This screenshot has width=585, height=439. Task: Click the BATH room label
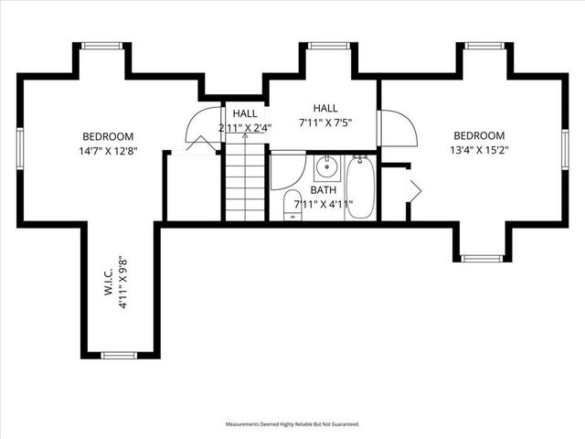[323, 190]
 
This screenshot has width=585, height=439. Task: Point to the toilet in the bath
[293, 205]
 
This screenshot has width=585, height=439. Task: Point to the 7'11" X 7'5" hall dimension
[324, 122]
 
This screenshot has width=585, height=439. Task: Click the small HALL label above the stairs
[244, 113]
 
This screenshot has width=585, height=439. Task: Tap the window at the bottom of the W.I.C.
[119, 355]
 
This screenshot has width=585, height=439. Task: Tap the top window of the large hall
[323, 45]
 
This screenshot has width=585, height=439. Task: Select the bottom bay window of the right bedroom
[482, 258]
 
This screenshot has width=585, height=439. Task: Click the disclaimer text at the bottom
[292, 424]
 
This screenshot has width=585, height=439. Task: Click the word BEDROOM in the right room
[478, 135]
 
